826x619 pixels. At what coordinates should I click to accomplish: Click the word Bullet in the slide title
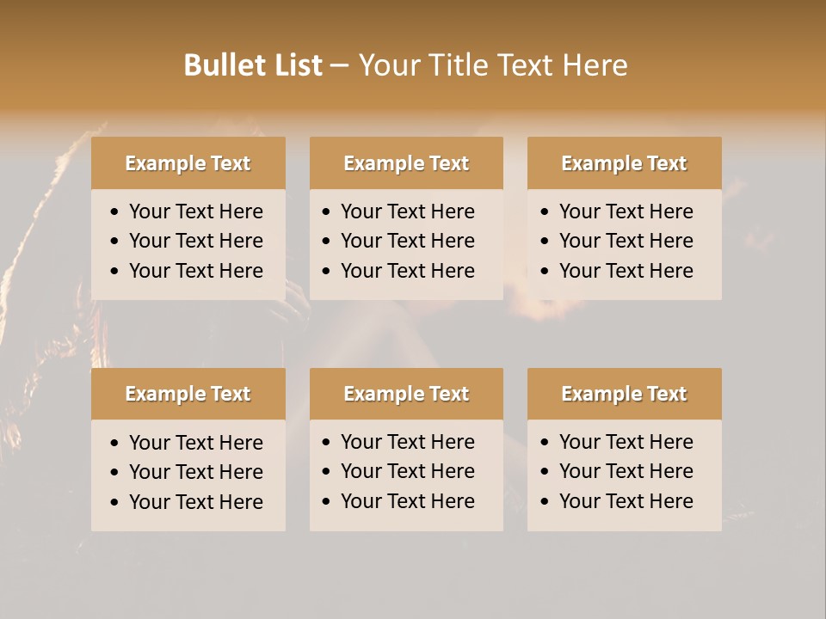pyautogui.click(x=225, y=65)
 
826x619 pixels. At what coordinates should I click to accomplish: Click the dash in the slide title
pyautogui.click(x=339, y=65)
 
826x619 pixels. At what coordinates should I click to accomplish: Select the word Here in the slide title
pyautogui.click(x=595, y=65)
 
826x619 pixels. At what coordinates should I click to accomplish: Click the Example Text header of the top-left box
pyautogui.click(x=188, y=163)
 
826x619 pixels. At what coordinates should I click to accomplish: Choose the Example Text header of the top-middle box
pyautogui.click(x=406, y=163)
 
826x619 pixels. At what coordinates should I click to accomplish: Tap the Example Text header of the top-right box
pyautogui.click(x=624, y=163)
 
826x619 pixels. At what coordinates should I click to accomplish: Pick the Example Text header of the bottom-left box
pyautogui.click(x=188, y=394)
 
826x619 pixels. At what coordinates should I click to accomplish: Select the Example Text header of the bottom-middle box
pyautogui.click(x=406, y=394)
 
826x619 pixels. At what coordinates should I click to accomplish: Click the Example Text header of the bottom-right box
pyautogui.click(x=624, y=394)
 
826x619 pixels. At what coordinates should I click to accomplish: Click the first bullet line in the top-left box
pyautogui.click(x=195, y=211)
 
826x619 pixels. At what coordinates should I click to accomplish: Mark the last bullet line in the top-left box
pyautogui.click(x=195, y=271)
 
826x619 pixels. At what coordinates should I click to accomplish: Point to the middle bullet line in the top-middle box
pyautogui.click(x=407, y=241)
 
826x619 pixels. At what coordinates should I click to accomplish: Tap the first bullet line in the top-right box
pyautogui.click(x=626, y=211)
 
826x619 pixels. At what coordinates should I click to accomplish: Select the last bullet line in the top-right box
pyautogui.click(x=626, y=271)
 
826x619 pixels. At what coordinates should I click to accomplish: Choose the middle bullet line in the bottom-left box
pyautogui.click(x=195, y=472)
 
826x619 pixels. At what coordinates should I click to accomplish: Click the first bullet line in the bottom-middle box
pyautogui.click(x=407, y=442)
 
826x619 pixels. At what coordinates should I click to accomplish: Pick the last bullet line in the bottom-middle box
pyautogui.click(x=407, y=501)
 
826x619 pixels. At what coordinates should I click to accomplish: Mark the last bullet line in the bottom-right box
pyautogui.click(x=626, y=501)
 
